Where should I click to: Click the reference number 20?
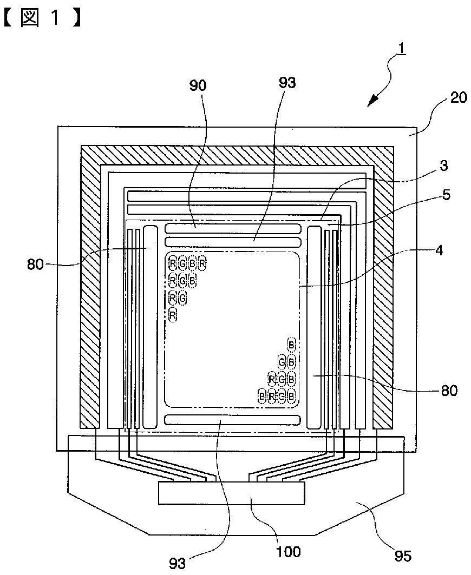458,97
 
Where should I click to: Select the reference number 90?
198,85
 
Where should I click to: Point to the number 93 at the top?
287,83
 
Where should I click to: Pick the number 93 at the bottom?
178,563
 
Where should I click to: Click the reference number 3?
444,166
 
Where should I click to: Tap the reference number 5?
446,195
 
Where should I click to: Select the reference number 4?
439,250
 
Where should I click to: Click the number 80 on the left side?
36,264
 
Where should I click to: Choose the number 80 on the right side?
449,391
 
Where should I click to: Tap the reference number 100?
288,551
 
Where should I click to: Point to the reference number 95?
403,556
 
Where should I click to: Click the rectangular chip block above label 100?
231,493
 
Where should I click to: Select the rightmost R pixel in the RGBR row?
202,263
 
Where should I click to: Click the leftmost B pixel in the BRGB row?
261,396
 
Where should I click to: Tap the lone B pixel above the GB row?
291,345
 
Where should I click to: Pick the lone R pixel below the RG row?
173,315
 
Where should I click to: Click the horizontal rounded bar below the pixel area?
233,419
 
